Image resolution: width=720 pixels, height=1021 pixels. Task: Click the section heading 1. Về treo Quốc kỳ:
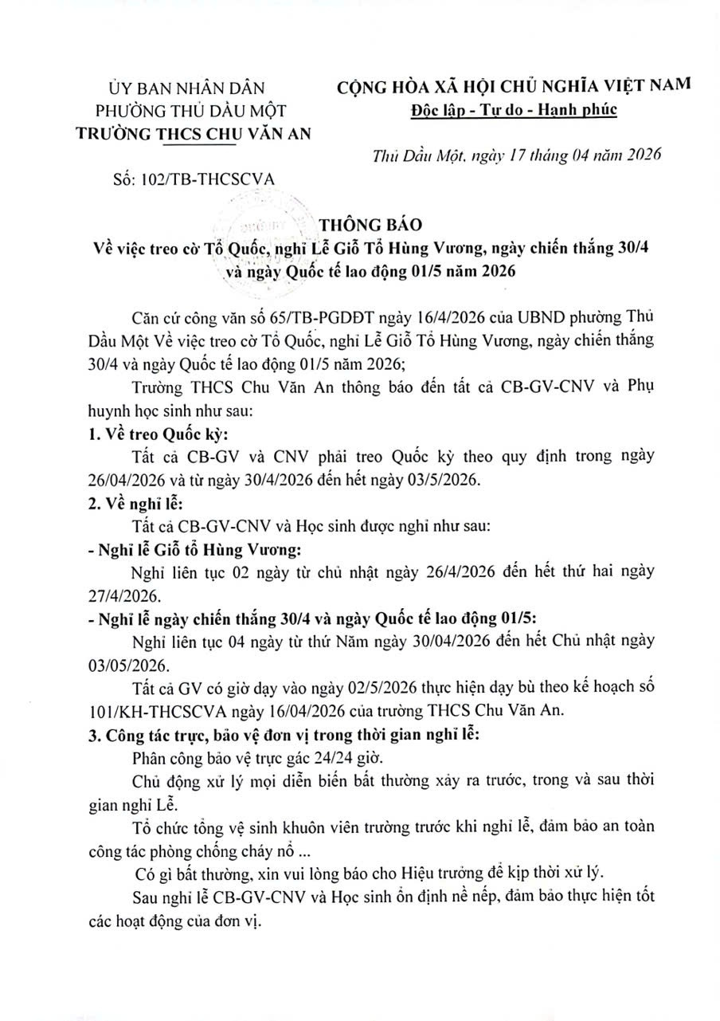click(x=155, y=435)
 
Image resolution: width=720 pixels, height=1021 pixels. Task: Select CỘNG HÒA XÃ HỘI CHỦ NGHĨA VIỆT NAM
click(x=514, y=86)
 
